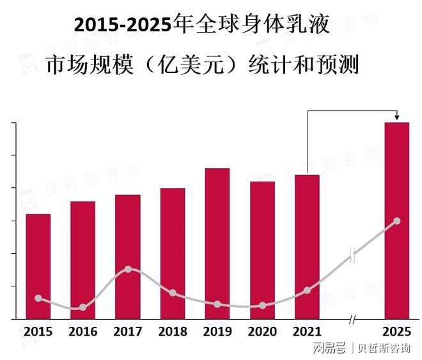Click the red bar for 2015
38,266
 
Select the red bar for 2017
127,256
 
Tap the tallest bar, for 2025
396,220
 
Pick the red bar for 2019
217,243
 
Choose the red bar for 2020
262,249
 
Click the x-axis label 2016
82,332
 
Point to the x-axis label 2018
173,332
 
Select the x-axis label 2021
307,332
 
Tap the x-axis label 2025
396,332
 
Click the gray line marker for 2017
128,269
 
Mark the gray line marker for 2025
396,221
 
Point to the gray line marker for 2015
38,299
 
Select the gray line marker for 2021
307,290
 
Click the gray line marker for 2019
217,304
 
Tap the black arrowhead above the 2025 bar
396,118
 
